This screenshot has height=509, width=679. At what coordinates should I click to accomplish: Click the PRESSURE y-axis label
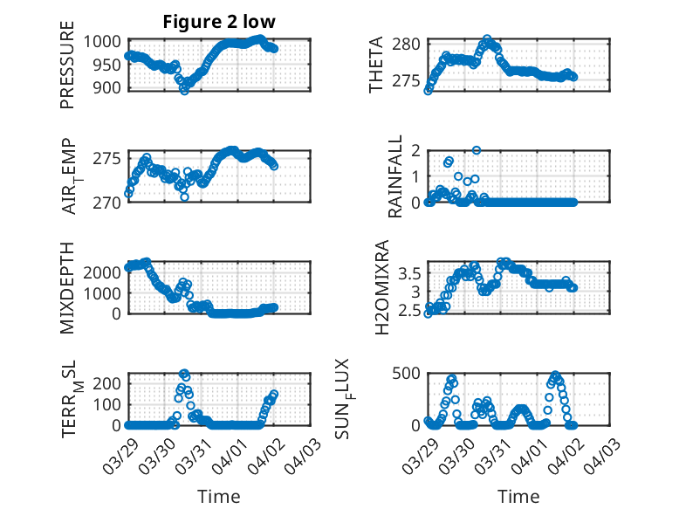(x=67, y=72)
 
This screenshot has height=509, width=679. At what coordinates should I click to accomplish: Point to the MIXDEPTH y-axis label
(x=67, y=288)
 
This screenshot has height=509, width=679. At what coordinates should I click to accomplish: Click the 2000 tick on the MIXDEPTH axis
(x=107, y=272)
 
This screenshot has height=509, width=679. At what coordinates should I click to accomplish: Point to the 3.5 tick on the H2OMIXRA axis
(x=409, y=273)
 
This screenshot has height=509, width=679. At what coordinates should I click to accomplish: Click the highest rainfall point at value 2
(x=477, y=150)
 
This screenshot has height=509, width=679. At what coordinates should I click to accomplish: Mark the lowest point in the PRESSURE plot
(x=184, y=90)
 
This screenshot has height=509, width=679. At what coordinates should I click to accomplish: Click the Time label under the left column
(x=219, y=496)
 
